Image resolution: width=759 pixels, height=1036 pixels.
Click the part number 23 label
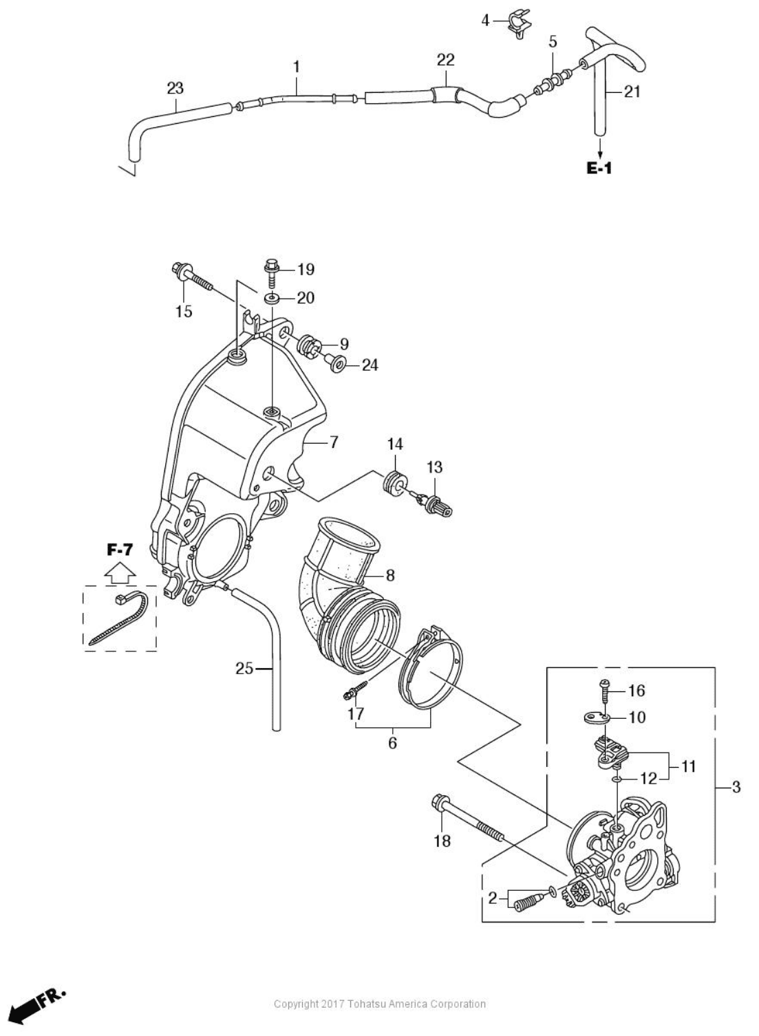click(175, 88)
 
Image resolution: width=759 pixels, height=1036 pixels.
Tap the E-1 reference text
click(599, 167)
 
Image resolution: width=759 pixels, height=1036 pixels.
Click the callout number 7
click(334, 442)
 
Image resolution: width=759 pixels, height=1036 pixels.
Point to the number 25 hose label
click(244, 667)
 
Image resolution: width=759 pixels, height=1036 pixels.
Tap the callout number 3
click(736, 787)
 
